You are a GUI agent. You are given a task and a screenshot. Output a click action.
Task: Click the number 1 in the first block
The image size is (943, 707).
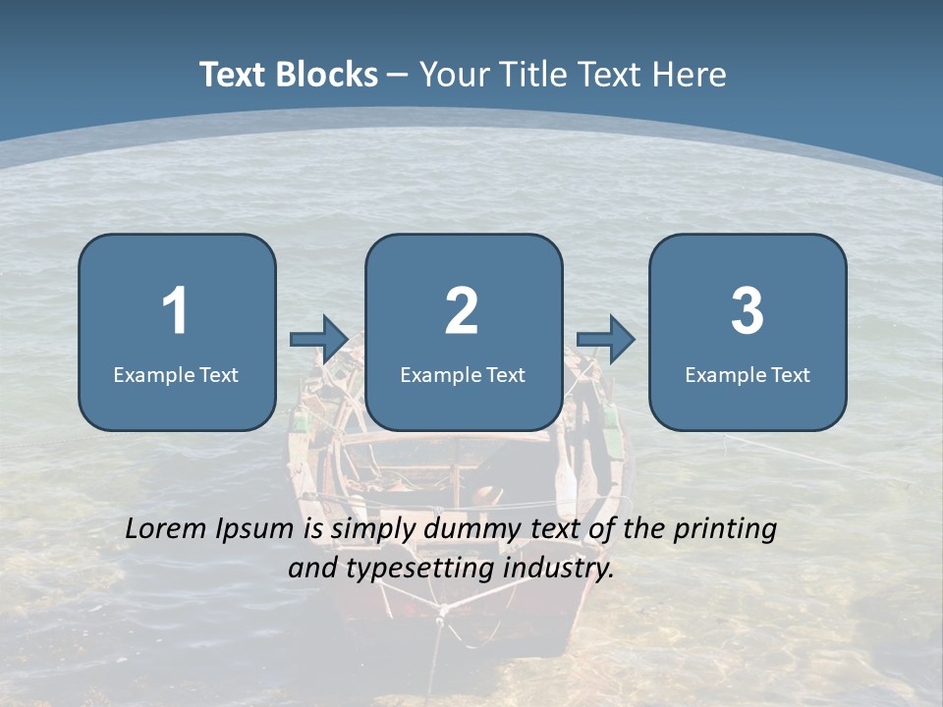click(175, 311)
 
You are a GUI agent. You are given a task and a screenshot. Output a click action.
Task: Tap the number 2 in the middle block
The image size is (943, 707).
click(462, 311)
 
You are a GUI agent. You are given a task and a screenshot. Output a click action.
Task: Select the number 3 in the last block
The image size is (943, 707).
click(748, 311)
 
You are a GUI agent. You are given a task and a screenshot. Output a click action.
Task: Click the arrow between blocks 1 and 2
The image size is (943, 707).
click(320, 340)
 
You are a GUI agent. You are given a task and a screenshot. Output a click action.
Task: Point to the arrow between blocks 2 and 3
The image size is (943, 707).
click(606, 340)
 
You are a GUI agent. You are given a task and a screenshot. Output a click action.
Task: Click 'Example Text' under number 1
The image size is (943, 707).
click(176, 374)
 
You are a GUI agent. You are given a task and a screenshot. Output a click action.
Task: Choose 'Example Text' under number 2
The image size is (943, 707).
click(463, 374)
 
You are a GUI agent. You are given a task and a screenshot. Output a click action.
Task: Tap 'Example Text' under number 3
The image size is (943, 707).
click(748, 374)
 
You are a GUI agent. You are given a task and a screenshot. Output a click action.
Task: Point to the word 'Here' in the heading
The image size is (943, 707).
click(690, 75)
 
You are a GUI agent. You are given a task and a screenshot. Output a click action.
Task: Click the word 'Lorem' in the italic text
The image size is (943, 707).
click(168, 528)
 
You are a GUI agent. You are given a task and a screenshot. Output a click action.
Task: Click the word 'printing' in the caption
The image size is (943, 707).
click(725, 528)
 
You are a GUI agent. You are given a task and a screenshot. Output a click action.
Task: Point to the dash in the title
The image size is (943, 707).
click(398, 75)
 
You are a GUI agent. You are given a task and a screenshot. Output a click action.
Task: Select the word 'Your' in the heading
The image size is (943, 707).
click(452, 75)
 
